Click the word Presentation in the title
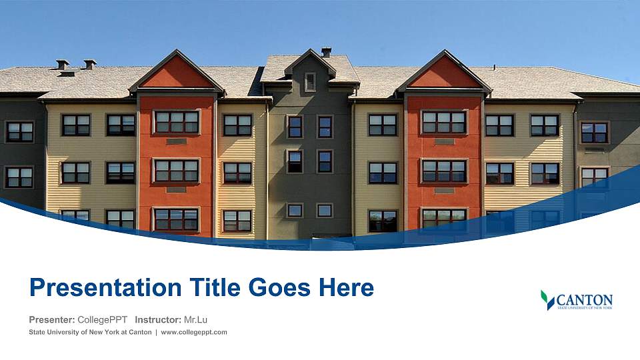tap(105, 288)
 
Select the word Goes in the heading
tap(279, 287)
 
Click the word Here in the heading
tap(346, 287)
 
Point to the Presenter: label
tap(52, 319)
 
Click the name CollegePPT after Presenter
tap(103, 319)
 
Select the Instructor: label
tap(158, 319)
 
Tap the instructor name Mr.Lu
tap(195, 319)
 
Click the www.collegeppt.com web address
tap(194, 332)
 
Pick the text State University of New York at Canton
tap(90, 332)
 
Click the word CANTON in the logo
tap(585, 300)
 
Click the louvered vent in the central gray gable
tap(310, 82)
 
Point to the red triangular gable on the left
tap(177, 73)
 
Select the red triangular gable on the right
tap(445, 73)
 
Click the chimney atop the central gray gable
tap(326, 52)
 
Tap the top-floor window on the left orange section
tap(176, 122)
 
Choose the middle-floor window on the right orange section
tap(444, 171)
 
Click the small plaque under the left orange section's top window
tap(176, 141)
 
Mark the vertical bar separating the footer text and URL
tap(156, 332)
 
